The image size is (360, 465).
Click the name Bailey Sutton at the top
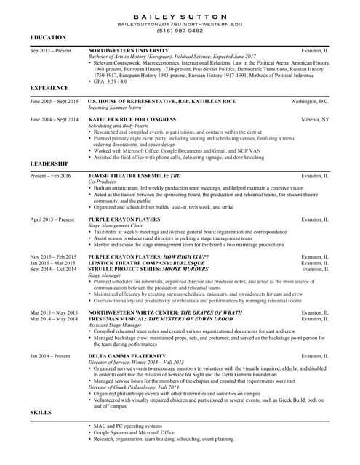coord(180,17)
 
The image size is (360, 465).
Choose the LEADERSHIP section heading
coord(49,164)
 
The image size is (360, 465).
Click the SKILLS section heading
coord(41,413)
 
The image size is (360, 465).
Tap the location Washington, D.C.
coord(309,101)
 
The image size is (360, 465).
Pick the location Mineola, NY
coord(315,118)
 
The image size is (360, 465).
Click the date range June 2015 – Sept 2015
coord(55,101)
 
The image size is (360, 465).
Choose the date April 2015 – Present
coord(52,219)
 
